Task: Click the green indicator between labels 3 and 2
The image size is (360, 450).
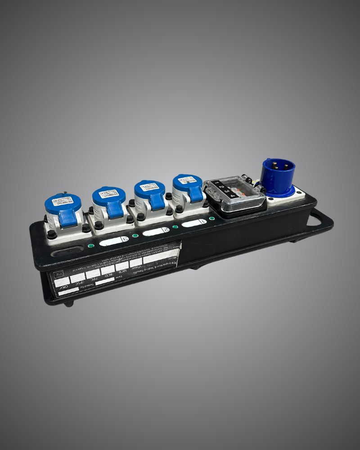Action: [135, 236]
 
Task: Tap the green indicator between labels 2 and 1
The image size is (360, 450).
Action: [175, 227]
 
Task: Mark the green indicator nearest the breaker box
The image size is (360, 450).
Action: [211, 218]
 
